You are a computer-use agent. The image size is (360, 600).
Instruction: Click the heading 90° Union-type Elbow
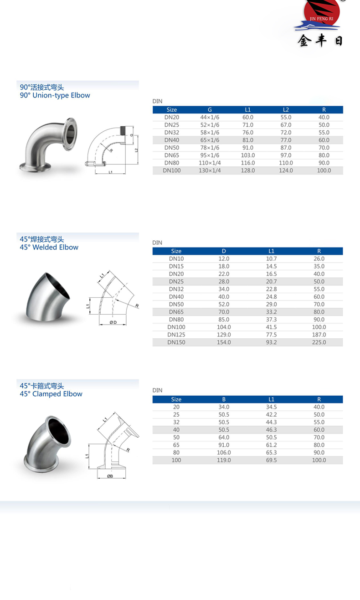point(55,95)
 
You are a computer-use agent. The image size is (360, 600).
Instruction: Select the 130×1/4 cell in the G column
point(210,171)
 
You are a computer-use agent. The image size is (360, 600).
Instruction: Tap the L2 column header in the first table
point(286,109)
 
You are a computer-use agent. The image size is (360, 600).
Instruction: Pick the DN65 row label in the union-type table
point(172,155)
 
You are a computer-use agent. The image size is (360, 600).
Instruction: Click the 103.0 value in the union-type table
point(248,155)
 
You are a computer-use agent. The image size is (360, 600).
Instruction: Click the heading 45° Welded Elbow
point(49,247)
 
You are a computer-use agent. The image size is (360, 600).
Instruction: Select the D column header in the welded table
point(224,251)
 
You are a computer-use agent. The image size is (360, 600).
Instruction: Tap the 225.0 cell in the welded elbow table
point(319,342)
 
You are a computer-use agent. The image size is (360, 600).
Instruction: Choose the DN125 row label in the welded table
point(176,335)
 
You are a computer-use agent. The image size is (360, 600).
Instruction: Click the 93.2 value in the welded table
point(272,342)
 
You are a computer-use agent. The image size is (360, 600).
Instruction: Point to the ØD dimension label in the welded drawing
point(113,323)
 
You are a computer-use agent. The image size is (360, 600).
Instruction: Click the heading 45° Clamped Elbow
point(51,394)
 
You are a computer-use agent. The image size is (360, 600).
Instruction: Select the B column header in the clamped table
point(224,399)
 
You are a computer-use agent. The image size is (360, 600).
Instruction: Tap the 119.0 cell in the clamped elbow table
point(224,460)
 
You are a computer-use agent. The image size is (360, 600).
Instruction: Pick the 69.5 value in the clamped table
point(272,460)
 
